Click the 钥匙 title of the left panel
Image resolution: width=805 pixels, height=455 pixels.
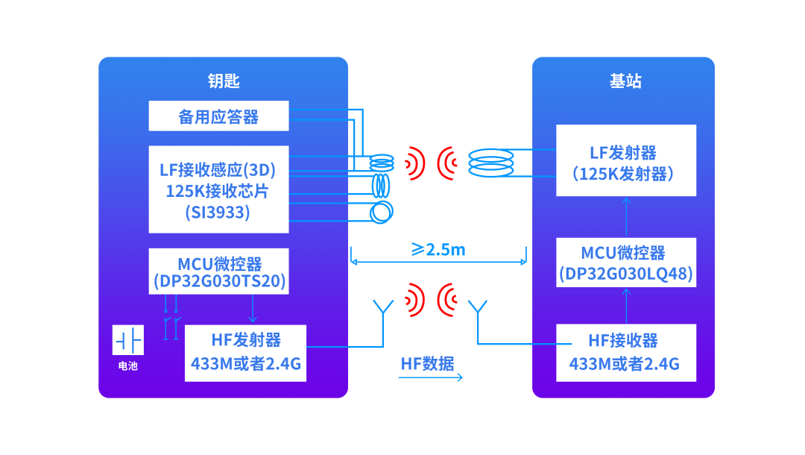223,81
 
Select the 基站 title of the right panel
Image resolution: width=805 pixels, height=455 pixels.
625,81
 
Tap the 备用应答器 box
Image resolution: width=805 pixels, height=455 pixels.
218,116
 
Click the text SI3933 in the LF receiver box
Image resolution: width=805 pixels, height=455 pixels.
218,213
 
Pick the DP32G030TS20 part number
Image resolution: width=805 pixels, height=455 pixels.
219,283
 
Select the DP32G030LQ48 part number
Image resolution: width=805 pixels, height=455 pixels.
626,274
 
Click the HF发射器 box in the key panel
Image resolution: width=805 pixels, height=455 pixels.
245,353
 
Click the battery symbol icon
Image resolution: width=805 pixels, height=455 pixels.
127,340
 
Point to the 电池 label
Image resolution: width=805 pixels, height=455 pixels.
127,366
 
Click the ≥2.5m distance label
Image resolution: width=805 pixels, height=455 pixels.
438,249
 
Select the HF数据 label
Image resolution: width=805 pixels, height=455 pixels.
427,363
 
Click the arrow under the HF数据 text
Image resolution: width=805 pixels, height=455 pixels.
430,377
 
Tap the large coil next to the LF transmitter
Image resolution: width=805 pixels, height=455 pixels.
490,163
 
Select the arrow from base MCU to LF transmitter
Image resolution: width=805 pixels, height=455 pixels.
626,216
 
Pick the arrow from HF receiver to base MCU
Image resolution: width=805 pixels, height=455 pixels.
626,305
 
